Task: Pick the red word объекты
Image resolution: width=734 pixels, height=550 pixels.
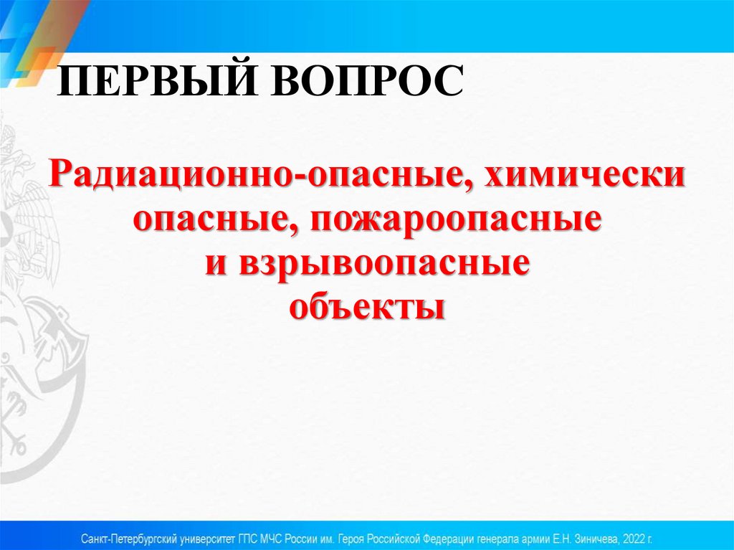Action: pos(367,306)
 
